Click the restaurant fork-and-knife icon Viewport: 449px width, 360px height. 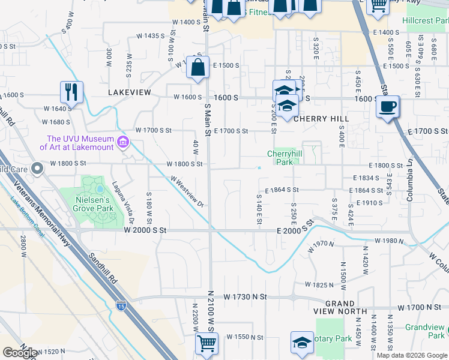(71, 92)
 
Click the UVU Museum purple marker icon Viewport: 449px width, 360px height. (124, 142)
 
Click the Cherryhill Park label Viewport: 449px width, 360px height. (280, 158)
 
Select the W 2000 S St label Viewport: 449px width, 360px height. (145, 230)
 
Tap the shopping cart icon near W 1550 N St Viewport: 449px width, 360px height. (206, 344)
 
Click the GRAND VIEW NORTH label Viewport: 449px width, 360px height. (340, 307)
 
